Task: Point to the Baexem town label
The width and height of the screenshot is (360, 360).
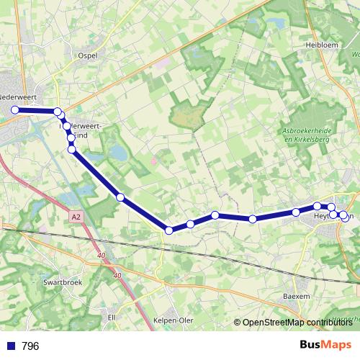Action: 297,295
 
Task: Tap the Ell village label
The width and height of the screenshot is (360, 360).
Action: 112,316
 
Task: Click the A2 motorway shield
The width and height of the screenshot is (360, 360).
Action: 77,215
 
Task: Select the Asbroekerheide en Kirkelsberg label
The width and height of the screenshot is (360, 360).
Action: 307,134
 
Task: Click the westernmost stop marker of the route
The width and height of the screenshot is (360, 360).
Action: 14,109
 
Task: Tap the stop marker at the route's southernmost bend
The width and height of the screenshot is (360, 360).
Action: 169,230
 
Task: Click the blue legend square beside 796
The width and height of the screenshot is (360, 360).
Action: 11,346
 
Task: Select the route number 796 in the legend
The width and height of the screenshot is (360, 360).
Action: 30,346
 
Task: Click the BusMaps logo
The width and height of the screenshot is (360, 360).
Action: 325,346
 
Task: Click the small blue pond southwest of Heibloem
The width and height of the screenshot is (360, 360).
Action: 276,24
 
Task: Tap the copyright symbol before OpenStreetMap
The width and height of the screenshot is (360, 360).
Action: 238,323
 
